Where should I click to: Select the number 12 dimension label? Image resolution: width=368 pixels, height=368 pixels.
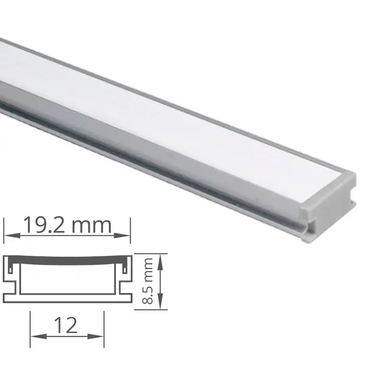click(67, 326)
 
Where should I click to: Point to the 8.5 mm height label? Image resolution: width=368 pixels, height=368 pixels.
click(147, 281)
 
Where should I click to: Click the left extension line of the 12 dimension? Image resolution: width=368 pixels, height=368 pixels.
click(30, 329)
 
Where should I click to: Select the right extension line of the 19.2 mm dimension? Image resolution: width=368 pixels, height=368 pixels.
click(131, 230)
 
